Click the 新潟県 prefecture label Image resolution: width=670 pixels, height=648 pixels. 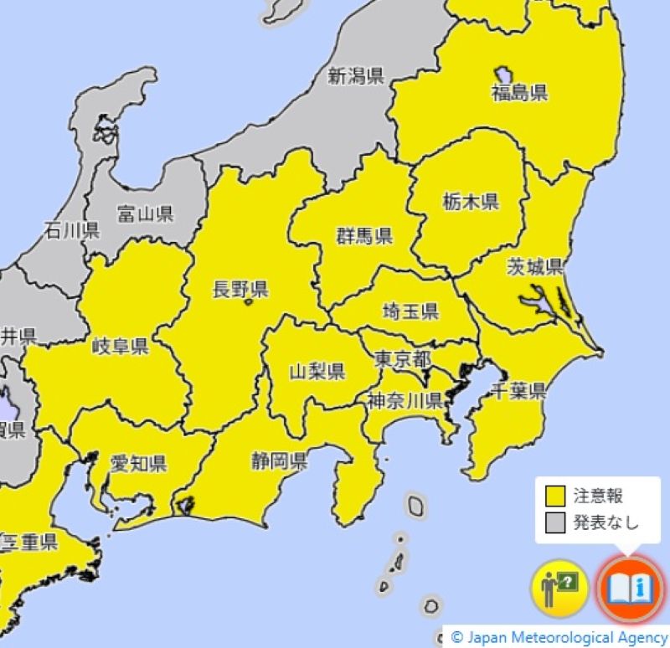355,77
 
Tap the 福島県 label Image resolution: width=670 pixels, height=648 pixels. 519,93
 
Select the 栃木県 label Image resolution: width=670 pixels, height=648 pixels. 471,201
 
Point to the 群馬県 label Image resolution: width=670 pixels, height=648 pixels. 364,235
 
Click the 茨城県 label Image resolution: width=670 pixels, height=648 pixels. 535,267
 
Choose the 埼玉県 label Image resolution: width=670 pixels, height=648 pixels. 410,311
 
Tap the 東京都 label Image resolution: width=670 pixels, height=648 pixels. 402,359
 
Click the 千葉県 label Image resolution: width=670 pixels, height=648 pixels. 518,390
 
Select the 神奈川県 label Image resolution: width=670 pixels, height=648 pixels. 405,400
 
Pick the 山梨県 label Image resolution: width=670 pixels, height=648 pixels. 317,371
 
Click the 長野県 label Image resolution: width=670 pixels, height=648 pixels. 240,290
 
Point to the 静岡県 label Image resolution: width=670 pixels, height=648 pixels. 279,460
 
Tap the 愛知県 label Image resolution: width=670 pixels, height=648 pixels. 138,463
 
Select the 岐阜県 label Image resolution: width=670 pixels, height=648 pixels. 121,346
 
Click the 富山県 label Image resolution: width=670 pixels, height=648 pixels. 145,213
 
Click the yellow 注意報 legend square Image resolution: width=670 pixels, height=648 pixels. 554,496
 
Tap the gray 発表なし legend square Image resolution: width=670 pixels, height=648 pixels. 554,523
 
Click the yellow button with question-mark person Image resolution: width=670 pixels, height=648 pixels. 559,589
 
